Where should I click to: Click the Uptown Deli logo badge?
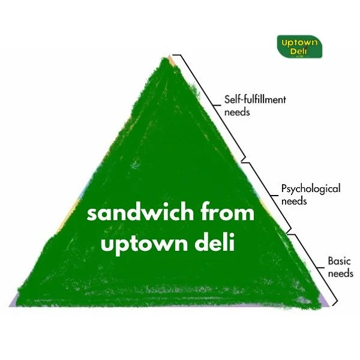pos(299,46)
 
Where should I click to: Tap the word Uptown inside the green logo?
pos(299,42)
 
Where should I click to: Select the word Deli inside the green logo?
pos(299,51)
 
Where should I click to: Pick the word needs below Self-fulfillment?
pos(236,112)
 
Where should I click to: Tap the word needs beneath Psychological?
pos(294,201)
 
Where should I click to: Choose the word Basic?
pos(340,262)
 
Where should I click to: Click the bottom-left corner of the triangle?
pos(13,304)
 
